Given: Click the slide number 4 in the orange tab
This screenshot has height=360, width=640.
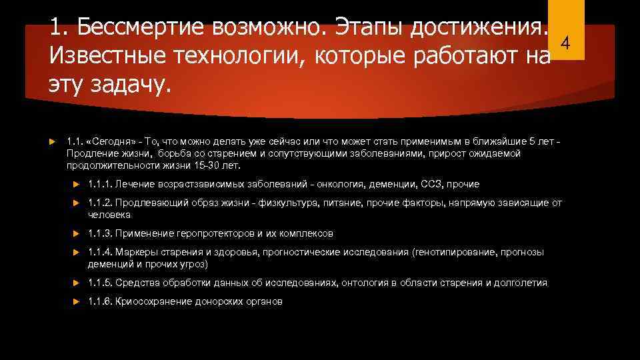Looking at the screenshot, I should pos(565,44).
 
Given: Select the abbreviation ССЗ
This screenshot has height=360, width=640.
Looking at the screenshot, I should pos(433,184).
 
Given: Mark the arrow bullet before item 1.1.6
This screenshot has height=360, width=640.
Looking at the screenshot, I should pos(77,301).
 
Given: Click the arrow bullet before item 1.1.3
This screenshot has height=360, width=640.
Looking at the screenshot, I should pos(77,233).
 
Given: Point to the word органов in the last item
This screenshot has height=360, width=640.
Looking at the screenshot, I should pos(265,301).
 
